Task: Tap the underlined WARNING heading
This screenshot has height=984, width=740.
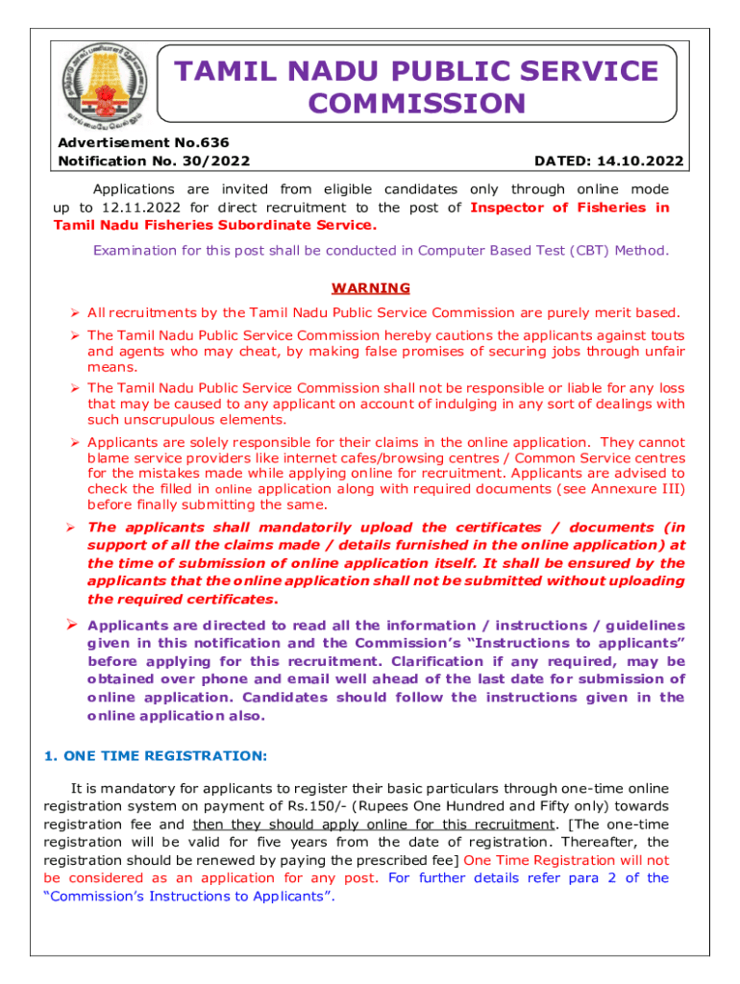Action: [370, 288]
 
